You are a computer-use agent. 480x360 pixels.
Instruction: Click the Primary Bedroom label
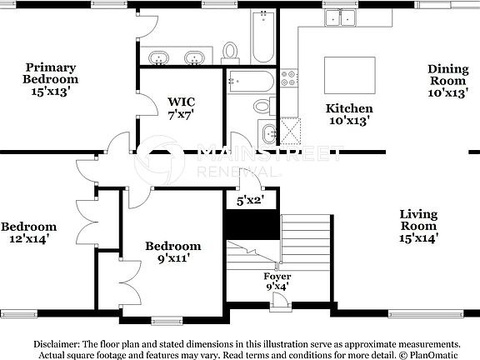(50, 79)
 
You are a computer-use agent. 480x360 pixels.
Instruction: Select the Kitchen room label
(348, 114)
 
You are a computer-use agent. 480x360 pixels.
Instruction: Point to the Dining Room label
(448, 81)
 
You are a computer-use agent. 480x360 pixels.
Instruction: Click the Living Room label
(417, 226)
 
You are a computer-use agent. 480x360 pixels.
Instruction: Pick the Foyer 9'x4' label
(277, 282)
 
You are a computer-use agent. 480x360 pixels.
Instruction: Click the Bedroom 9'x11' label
(172, 252)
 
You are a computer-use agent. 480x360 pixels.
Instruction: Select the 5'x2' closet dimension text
(249, 201)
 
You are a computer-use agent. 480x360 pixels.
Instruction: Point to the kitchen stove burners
(290, 78)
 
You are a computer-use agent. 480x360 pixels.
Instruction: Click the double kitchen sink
(341, 17)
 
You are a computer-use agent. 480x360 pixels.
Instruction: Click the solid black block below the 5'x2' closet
(250, 223)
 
